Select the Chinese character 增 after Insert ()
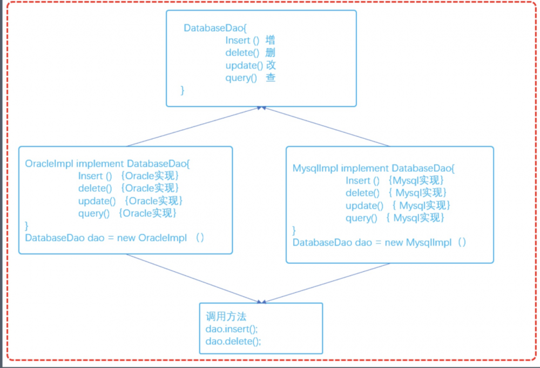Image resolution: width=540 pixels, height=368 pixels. [x=271, y=41]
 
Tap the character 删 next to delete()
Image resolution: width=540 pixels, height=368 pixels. [x=271, y=53]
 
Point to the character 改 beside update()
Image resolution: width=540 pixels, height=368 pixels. [x=271, y=65]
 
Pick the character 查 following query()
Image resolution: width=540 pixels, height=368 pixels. [x=271, y=78]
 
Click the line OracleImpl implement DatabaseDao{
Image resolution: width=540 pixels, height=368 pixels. [x=107, y=163]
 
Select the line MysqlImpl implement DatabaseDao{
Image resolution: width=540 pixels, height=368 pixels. [x=373, y=169]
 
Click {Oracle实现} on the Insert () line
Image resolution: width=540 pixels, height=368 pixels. [x=149, y=176]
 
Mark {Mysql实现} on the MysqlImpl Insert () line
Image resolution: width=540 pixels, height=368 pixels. [x=416, y=180]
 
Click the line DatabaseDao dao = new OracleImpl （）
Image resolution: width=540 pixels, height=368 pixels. [x=114, y=238]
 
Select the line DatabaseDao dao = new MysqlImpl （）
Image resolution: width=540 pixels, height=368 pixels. [x=379, y=243]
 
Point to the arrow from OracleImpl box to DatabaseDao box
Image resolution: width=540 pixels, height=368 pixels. [x=194, y=126]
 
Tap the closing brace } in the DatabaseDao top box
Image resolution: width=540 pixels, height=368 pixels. [x=183, y=90]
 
